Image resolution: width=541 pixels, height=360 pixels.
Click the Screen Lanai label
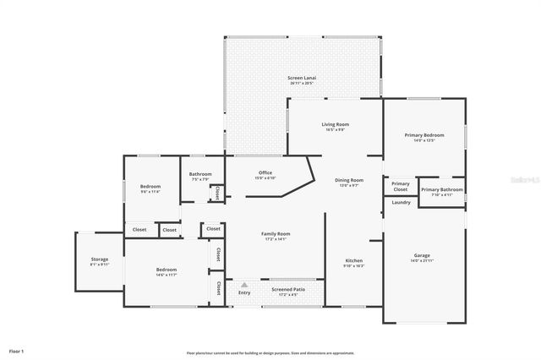tap(301, 78)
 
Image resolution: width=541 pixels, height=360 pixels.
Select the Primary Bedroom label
tap(424, 135)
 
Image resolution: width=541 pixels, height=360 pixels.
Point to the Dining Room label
tap(349, 180)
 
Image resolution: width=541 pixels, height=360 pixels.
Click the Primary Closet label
tap(401, 187)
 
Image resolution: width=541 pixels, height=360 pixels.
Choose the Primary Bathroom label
tap(442, 189)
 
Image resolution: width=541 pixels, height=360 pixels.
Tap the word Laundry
tap(402, 202)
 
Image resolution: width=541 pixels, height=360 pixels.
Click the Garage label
tap(422, 255)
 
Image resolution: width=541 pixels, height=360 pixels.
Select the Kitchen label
tap(354, 260)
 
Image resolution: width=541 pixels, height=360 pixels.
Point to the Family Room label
tap(276, 234)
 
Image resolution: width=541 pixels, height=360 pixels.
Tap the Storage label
tap(100, 259)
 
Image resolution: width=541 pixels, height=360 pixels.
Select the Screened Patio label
tap(288, 289)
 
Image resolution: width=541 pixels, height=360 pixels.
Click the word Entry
tap(244, 293)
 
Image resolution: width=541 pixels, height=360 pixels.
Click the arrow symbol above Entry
tap(244, 286)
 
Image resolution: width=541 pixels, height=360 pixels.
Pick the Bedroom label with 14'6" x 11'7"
tap(166, 270)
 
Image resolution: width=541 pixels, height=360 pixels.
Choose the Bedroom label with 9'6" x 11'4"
tap(150, 186)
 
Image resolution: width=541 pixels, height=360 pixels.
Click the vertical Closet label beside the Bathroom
tap(217, 193)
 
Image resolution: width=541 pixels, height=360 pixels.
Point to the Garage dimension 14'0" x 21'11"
tap(422, 260)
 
